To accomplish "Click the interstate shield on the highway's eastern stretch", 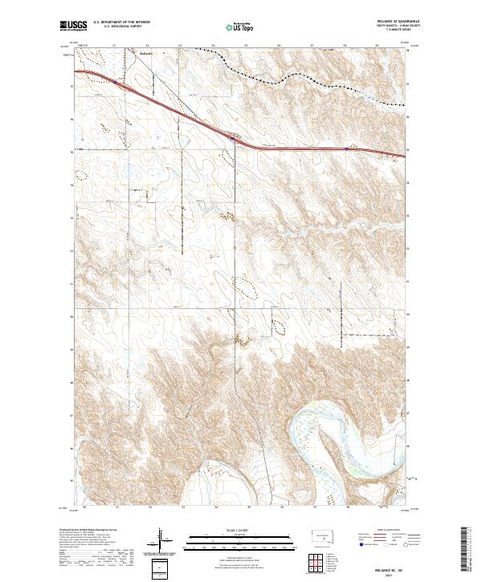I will [x=346, y=148].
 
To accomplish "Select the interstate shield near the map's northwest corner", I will [x=115, y=81].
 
